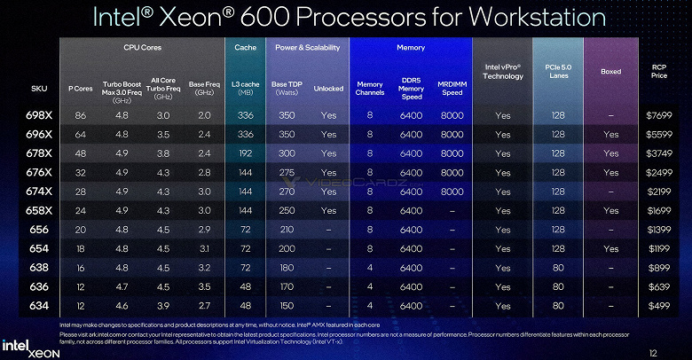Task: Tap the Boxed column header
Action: [x=610, y=71]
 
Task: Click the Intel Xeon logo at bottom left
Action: [x=26, y=346]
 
